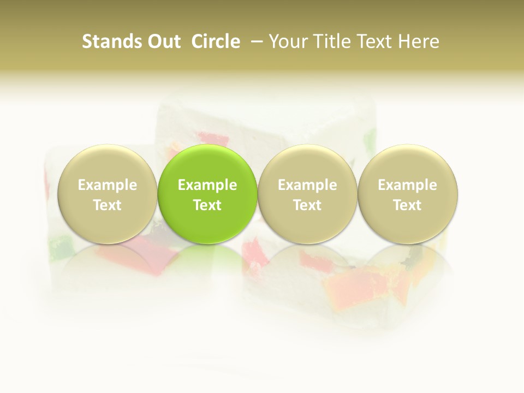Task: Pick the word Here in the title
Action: tap(419, 41)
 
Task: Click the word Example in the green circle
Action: tap(207, 185)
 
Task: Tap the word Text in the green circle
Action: tap(207, 205)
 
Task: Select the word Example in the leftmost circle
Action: tap(108, 185)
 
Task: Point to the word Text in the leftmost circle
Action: tap(108, 205)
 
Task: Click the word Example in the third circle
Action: tap(307, 185)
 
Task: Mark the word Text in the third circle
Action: tap(307, 205)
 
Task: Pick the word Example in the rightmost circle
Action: tap(408, 185)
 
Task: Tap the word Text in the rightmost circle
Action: tap(408, 205)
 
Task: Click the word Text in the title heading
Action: tap(374, 41)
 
